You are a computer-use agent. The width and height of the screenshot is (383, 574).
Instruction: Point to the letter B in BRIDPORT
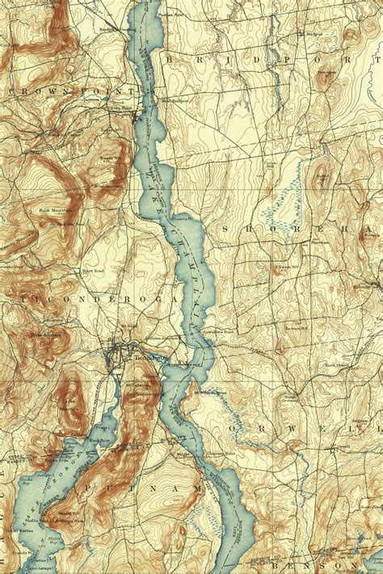click(169, 59)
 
